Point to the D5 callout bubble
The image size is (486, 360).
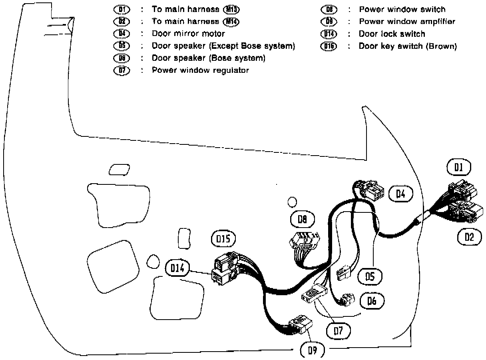pyautogui.click(x=370, y=277)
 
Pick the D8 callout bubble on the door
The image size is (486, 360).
pyautogui.click(x=302, y=219)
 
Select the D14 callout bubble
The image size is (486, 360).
pyautogui.click(x=177, y=268)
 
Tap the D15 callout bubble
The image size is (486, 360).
pyautogui.click(x=223, y=239)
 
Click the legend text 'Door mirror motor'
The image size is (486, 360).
pyautogui.click(x=188, y=34)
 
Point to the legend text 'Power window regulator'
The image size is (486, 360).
pyautogui.click(x=200, y=70)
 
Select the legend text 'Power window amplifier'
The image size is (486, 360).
pyautogui.click(x=407, y=22)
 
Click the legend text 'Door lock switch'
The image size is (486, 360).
pyautogui.click(x=392, y=34)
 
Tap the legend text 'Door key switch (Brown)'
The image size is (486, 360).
pyautogui.click(x=407, y=46)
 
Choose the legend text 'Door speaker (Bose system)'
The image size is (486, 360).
pyautogui.click(x=208, y=58)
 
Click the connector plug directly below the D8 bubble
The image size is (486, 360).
pyautogui.click(x=303, y=242)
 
